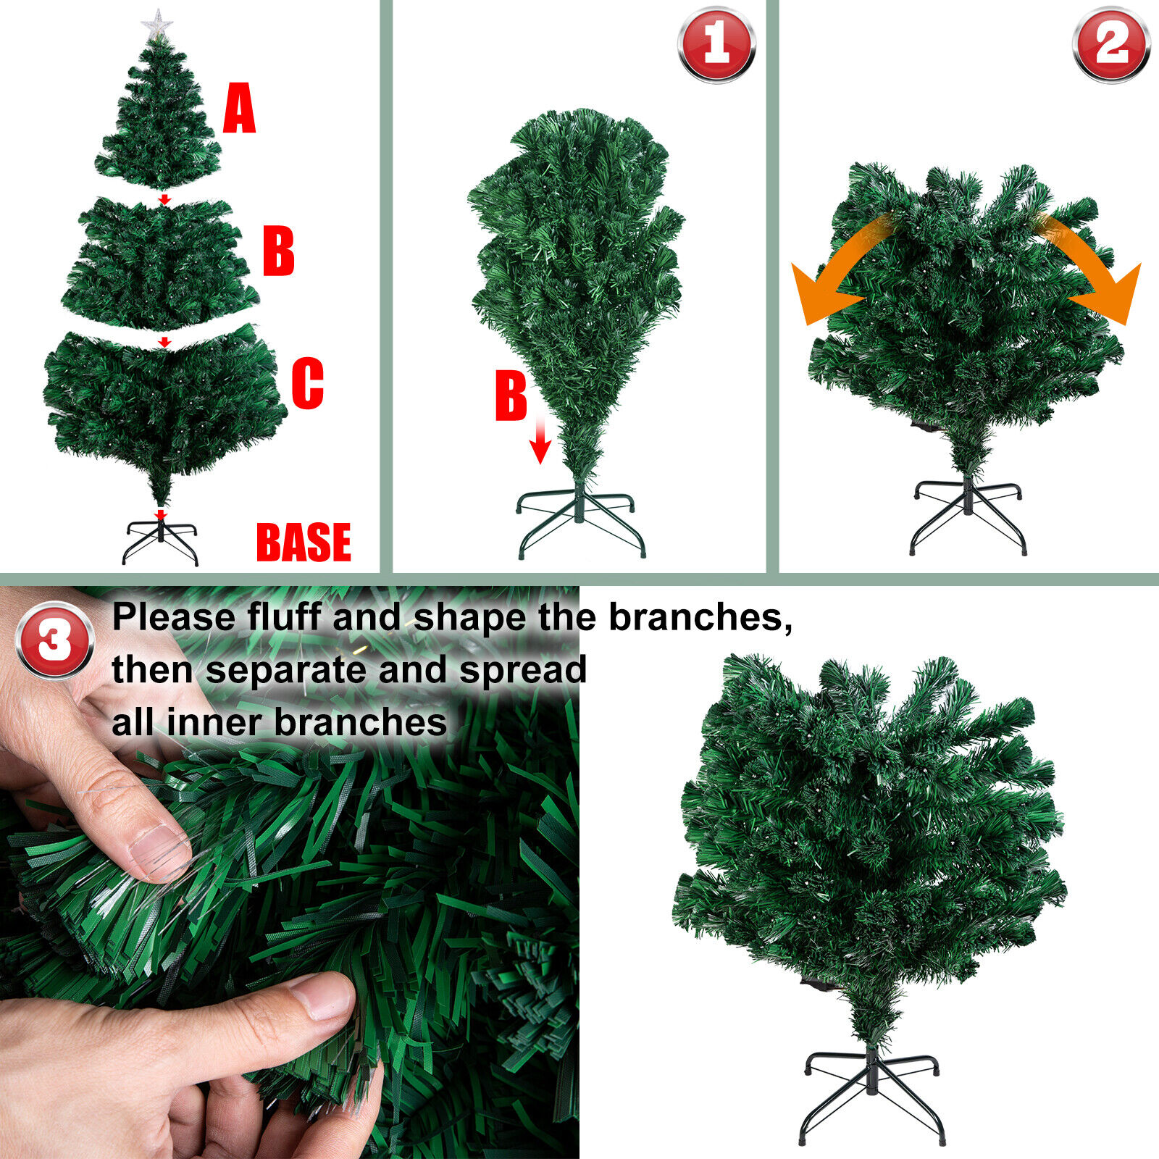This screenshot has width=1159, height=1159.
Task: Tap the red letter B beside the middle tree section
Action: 278,251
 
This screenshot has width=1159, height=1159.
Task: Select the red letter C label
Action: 307,383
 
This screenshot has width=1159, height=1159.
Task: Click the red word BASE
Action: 304,543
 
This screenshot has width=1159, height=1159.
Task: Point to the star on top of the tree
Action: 156,25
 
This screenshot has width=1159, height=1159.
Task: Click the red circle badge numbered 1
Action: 716,44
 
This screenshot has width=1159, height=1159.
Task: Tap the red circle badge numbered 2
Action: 1110,44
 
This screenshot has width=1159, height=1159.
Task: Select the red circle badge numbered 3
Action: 55,640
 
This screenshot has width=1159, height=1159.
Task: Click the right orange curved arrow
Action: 1094,272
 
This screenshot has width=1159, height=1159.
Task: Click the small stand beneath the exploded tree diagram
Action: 160,540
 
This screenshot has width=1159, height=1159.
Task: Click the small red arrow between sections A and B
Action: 164,199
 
